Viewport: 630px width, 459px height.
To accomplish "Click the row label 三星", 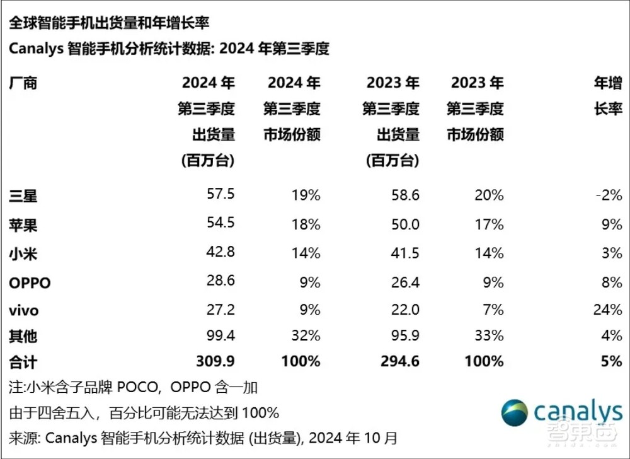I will pyautogui.click(x=23, y=195).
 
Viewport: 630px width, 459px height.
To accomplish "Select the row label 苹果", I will pyautogui.click(x=23, y=225).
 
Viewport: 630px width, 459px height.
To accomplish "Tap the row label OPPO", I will pyautogui.click(x=30, y=283).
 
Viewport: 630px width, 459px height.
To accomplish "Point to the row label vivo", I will pyautogui.click(x=24, y=310).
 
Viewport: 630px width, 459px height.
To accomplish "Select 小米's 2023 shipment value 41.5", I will pyautogui.click(x=405, y=253).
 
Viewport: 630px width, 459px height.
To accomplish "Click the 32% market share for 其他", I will pyautogui.click(x=306, y=336).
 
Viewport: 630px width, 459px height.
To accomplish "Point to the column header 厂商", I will pyautogui.click(x=23, y=83).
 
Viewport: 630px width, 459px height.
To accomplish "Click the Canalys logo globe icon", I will pyautogui.click(x=515, y=413).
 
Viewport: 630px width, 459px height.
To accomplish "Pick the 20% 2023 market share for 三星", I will pyautogui.click(x=490, y=195).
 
